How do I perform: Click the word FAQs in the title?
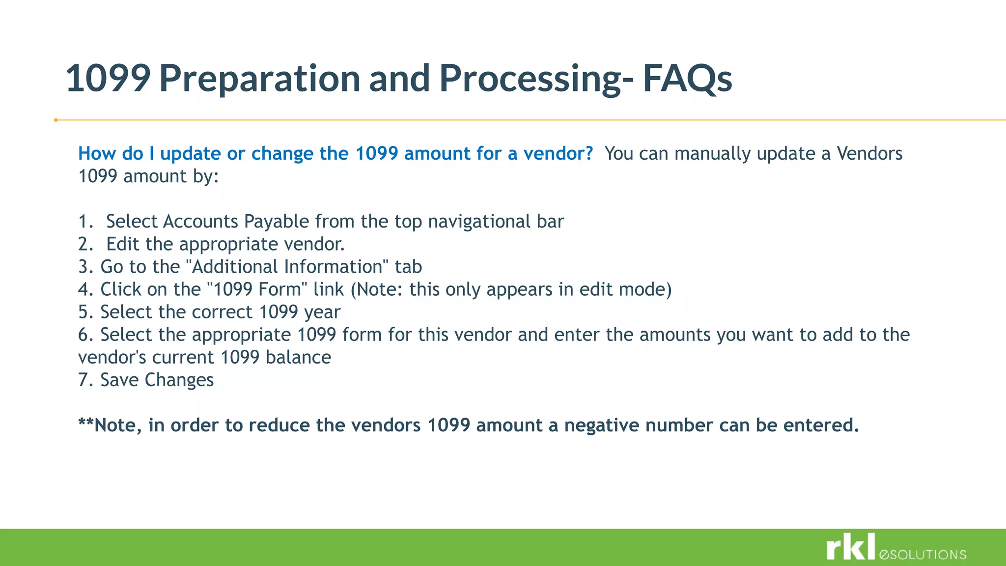(x=687, y=79)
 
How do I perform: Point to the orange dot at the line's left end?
(x=56, y=120)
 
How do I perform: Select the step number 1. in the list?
(x=85, y=222)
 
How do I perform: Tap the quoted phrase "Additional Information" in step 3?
(x=287, y=267)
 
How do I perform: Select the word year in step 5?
(x=322, y=312)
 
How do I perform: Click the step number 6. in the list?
(x=85, y=335)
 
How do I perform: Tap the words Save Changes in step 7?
(x=157, y=380)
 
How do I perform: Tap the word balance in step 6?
(x=298, y=358)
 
